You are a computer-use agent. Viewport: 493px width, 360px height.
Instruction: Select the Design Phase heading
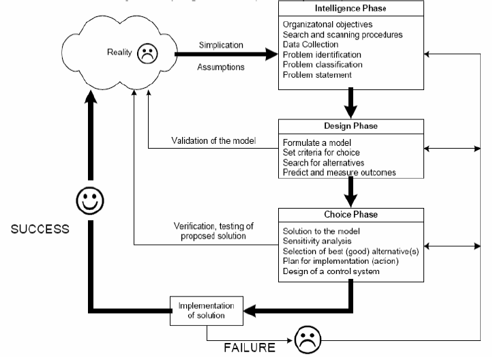coord(351,127)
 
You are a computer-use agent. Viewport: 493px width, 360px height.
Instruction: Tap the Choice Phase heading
coord(351,214)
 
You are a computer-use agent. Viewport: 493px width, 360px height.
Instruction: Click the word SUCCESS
coord(40,229)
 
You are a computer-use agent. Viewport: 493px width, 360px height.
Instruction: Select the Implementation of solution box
coord(207,310)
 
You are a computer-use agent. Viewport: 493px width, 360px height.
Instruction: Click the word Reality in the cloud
coord(120,52)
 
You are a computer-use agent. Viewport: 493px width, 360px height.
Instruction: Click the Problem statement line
coord(317,75)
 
